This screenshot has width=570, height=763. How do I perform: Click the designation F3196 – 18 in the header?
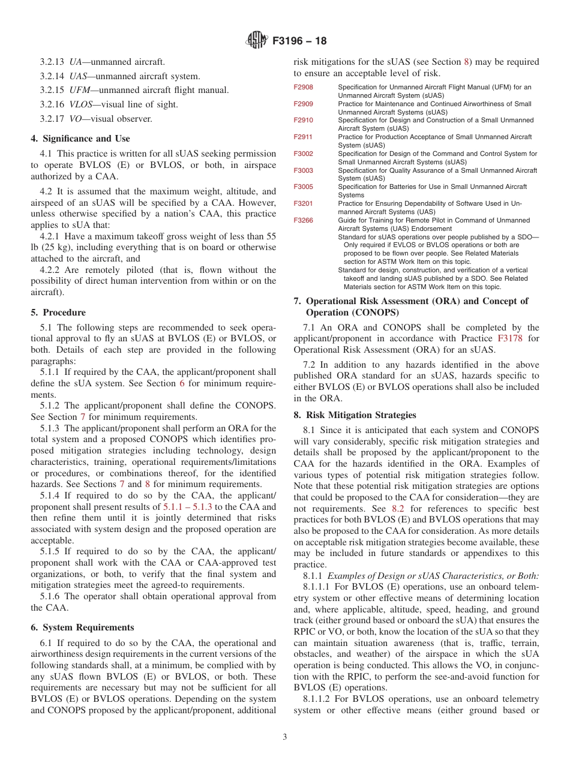coord(299,41)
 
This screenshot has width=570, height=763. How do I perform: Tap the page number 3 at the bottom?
coord(285,737)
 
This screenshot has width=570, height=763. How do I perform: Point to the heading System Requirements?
coord(82,627)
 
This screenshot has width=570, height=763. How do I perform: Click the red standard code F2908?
coord(303,88)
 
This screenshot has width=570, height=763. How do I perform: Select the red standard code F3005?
coord(303,187)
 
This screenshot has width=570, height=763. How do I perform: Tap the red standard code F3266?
coord(303,221)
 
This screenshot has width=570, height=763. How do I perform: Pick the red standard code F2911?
coord(303,137)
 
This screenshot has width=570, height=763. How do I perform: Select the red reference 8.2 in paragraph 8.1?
coord(398,508)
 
